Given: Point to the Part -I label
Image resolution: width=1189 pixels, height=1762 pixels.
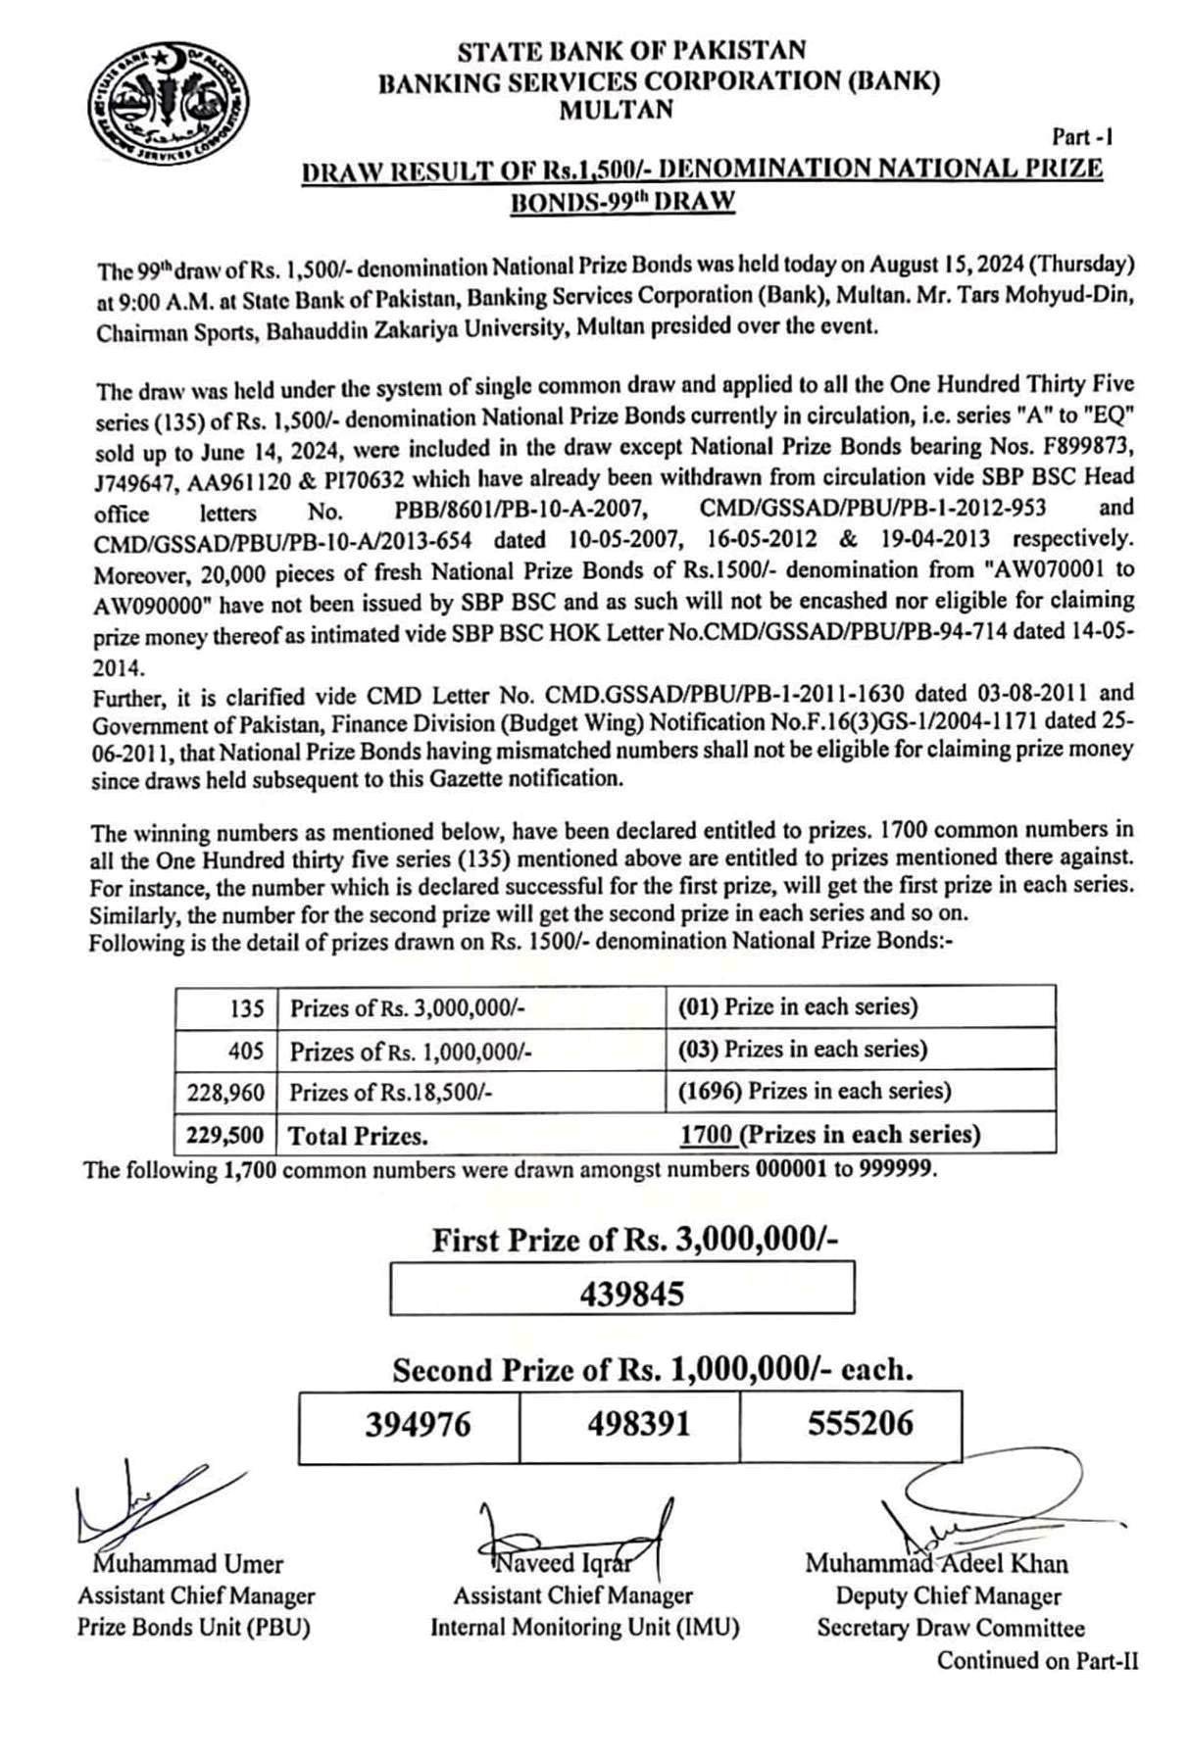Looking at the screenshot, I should (x=1082, y=137).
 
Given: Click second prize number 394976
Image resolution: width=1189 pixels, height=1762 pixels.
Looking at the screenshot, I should (x=418, y=1424).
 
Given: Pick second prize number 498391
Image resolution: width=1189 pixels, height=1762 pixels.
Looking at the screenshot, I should (x=638, y=1424).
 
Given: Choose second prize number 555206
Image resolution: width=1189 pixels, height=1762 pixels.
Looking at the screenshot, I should (x=860, y=1423).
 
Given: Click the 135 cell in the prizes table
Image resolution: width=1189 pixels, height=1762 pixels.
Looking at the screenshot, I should (x=247, y=1007).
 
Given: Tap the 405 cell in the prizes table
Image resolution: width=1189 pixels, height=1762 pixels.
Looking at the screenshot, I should (x=246, y=1051).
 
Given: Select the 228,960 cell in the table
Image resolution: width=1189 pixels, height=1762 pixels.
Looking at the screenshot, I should (x=225, y=1092).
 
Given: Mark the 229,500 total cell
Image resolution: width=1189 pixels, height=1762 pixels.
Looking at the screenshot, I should (x=225, y=1136).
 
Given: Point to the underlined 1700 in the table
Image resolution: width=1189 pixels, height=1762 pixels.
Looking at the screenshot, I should (x=707, y=1135).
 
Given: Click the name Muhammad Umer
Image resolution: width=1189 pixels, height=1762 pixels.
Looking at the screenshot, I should (x=188, y=1564).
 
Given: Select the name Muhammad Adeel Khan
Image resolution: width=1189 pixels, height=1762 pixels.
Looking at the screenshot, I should (x=936, y=1563).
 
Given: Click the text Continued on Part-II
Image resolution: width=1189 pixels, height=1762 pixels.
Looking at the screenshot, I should (x=1037, y=1660).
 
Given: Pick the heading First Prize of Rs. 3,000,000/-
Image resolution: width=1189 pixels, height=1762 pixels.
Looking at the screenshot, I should (x=634, y=1241).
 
